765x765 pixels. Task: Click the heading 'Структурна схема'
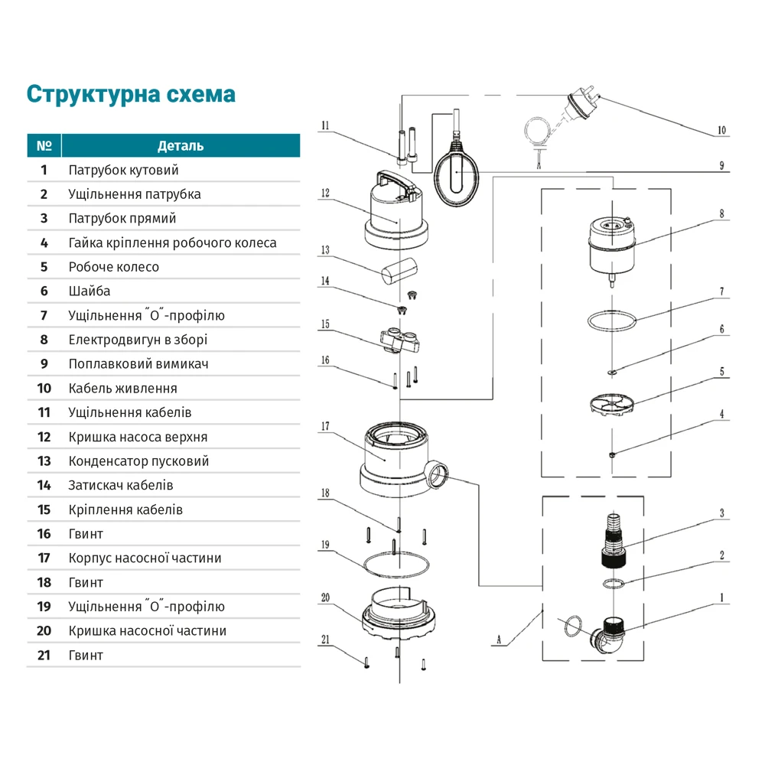tap(131, 94)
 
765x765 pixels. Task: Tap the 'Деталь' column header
tap(181, 145)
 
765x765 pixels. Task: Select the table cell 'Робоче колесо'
tap(114, 267)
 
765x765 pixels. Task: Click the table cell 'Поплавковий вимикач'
tap(138, 364)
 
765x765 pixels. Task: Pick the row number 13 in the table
tap(44, 461)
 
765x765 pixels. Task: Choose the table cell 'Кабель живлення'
tap(123, 389)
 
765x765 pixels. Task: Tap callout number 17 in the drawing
tap(325, 426)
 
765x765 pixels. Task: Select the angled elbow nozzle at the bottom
tap(610, 634)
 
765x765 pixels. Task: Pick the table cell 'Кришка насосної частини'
tap(148, 631)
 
